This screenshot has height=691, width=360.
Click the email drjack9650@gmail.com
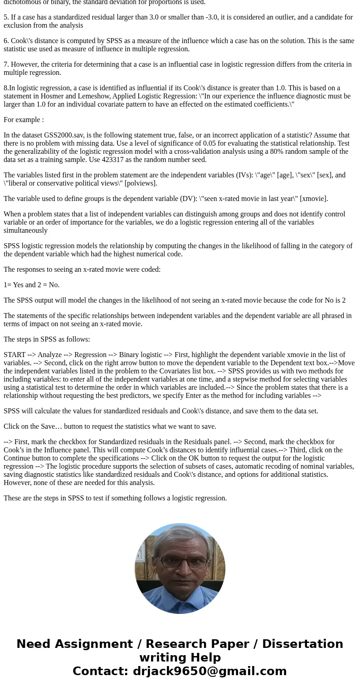[209, 671]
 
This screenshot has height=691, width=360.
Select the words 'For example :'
[24, 120]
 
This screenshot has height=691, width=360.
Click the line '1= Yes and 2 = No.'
[32, 285]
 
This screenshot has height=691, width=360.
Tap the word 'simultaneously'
[26, 230]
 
